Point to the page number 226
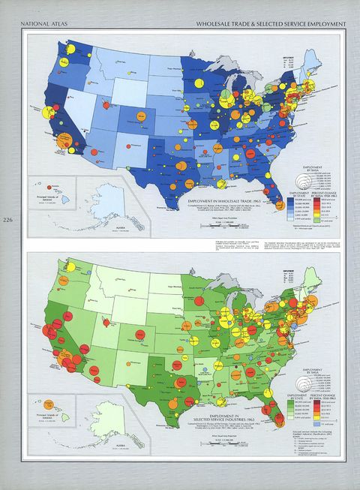click(7, 220)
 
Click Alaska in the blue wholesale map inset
click(103, 203)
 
